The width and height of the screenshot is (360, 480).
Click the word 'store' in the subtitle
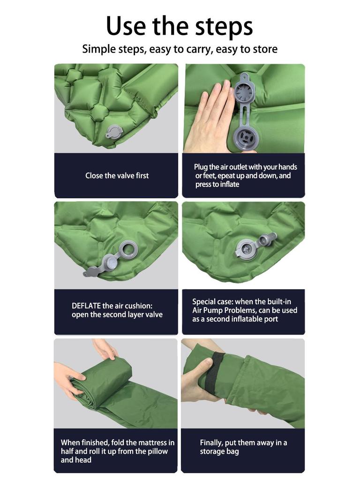pyautogui.click(x=265, y=49)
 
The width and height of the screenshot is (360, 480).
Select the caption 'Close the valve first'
pyautogui.click(x=117, y=176)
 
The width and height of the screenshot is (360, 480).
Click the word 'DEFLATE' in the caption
pyautogui.click(x=86, y=306)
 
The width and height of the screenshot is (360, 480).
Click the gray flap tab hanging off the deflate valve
pyautogui.click(x=94, y=270)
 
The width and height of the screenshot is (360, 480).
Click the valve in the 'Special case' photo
pyautogui.click(x=248, y=247)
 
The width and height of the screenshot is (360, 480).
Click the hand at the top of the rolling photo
pyautogui.click(x=105, y=349)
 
